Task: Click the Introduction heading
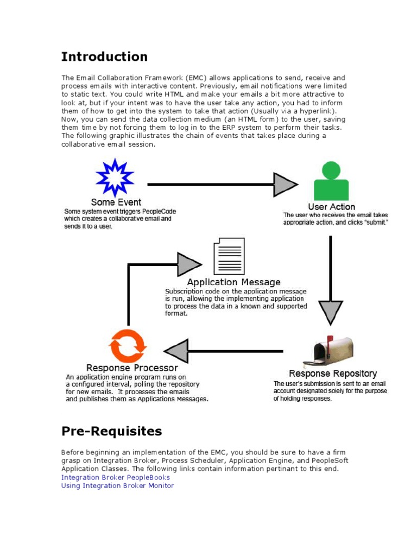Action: (104, 57)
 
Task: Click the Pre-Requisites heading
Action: (111, 432)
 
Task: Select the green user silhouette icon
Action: (331, 180)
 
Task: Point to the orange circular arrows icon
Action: (128, 346)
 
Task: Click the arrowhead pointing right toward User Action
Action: (285, 185)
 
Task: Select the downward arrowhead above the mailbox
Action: (330, 312)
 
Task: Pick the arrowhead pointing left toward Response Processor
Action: (176, 351)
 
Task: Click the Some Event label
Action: (116, 203)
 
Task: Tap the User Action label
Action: (331, 206)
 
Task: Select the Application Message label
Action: (233, 282)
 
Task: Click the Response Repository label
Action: (332, 374)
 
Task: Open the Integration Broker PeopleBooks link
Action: (116, 477)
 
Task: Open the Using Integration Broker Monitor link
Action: (117, 485)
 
